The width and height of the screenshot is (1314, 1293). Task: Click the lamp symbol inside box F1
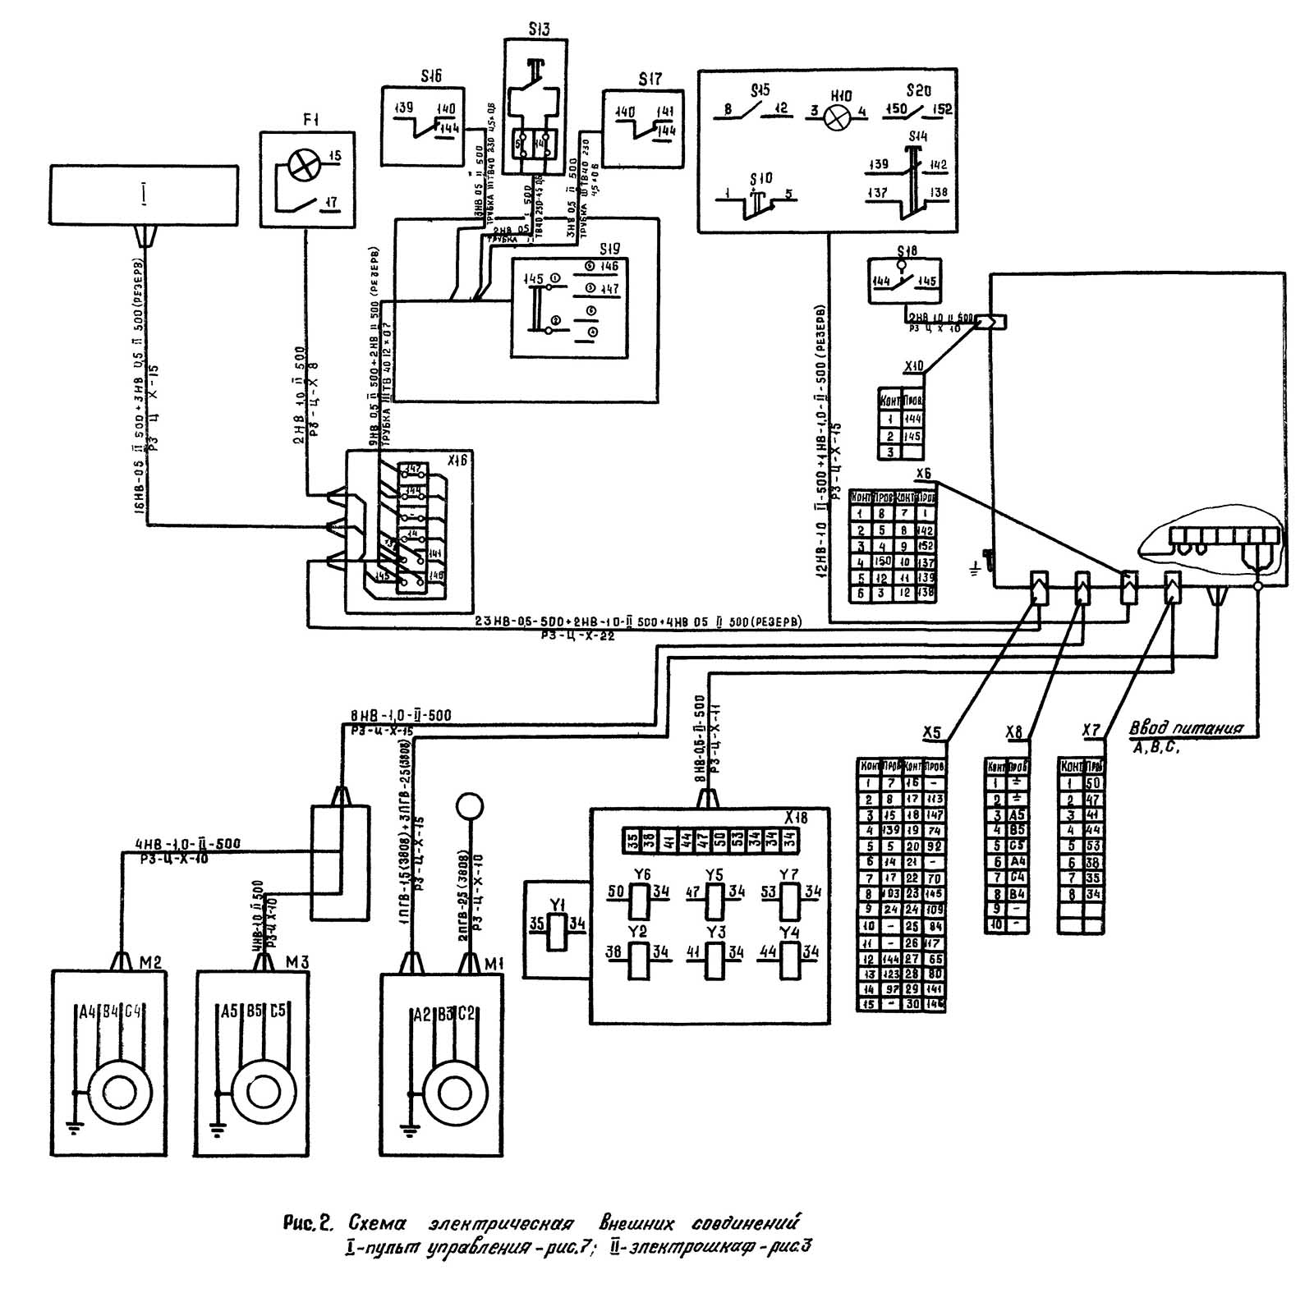(302, 168)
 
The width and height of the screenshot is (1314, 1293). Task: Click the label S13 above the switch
(540, 30)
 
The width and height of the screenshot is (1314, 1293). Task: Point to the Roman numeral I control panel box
(144, 195)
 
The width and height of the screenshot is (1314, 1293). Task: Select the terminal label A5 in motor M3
(229, 1011)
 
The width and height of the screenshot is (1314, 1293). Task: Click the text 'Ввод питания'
(1185, 727)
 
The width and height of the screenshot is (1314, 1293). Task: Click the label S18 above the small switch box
(907, 251)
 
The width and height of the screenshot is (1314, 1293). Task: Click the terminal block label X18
(795, 818)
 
